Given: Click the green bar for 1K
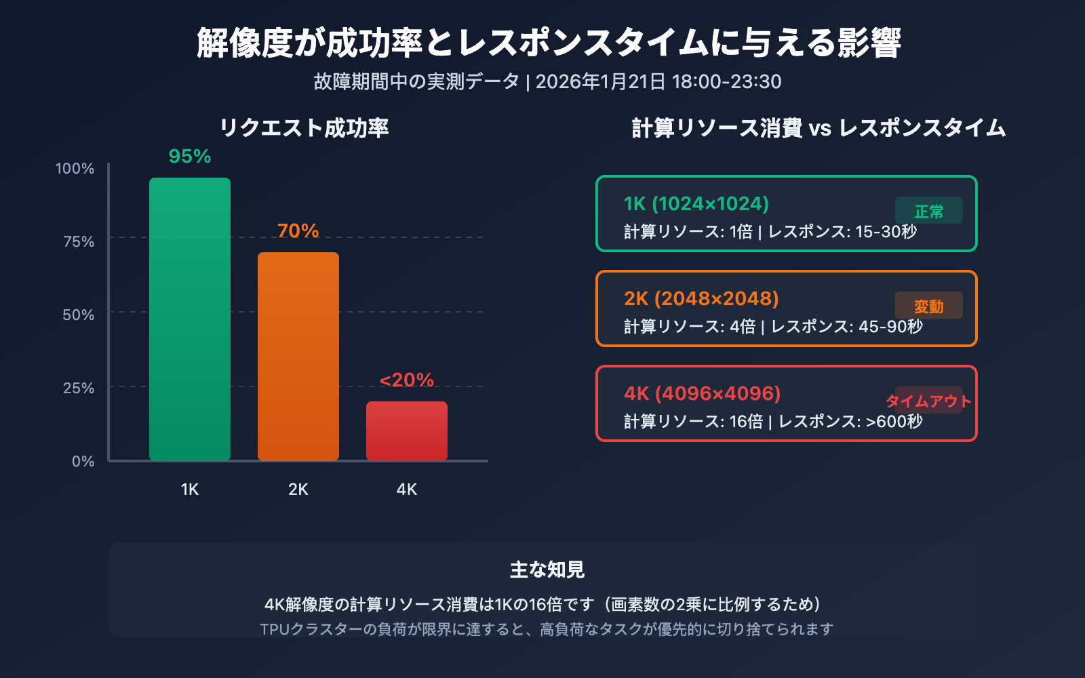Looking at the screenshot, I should (190, 319).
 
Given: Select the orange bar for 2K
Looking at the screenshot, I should (298, 356).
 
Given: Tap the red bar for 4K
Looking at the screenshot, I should (407, 431).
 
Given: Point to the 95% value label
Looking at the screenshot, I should (190, 157).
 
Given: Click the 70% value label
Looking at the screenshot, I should (298, 231).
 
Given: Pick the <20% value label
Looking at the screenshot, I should (407, 380).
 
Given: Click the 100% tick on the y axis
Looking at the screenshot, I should (75, 169).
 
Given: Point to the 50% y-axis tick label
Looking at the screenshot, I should (78, 315).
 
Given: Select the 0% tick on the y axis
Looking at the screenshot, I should (83, 462).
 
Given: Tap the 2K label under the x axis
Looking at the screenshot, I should (298, 490).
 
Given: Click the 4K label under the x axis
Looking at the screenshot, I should (407, 490).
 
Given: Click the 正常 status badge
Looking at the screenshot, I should (929, 211).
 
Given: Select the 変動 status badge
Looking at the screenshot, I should (929, 306).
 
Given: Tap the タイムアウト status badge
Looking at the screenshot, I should (929, 401).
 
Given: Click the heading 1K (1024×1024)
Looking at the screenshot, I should (696, 204).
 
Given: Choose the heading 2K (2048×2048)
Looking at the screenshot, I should (701, 299).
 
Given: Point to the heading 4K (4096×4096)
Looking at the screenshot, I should (703, 394).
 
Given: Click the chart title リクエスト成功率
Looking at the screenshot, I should (304, 128).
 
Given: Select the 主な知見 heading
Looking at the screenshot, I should (547, 570).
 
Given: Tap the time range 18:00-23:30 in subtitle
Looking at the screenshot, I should (726, 82).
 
